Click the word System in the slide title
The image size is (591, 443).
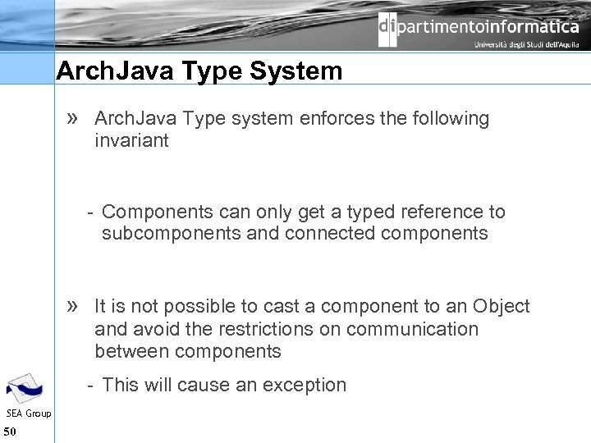coord(296,71)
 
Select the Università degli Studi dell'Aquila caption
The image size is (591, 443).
coord(526,45)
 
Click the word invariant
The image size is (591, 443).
coord(131,140)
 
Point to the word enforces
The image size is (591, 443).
coord(336,118)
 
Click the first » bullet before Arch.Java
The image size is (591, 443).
coord(72,118)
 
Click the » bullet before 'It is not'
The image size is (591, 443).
coord(72,306)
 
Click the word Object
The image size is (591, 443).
coord(501,306)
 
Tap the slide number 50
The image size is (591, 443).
coord(10,432)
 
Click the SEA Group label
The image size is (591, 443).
coord(28,413)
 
